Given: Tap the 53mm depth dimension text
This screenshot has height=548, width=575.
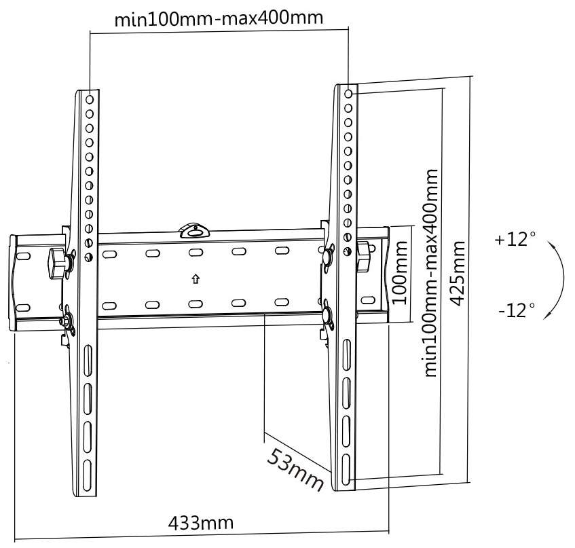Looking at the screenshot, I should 293,469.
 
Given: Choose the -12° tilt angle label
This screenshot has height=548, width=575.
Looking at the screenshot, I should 516,311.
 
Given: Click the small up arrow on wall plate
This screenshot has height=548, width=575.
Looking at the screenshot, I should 195,278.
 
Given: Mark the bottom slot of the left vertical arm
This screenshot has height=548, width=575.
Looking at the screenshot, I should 88,472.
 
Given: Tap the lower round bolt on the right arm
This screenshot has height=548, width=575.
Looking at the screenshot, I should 327,316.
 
